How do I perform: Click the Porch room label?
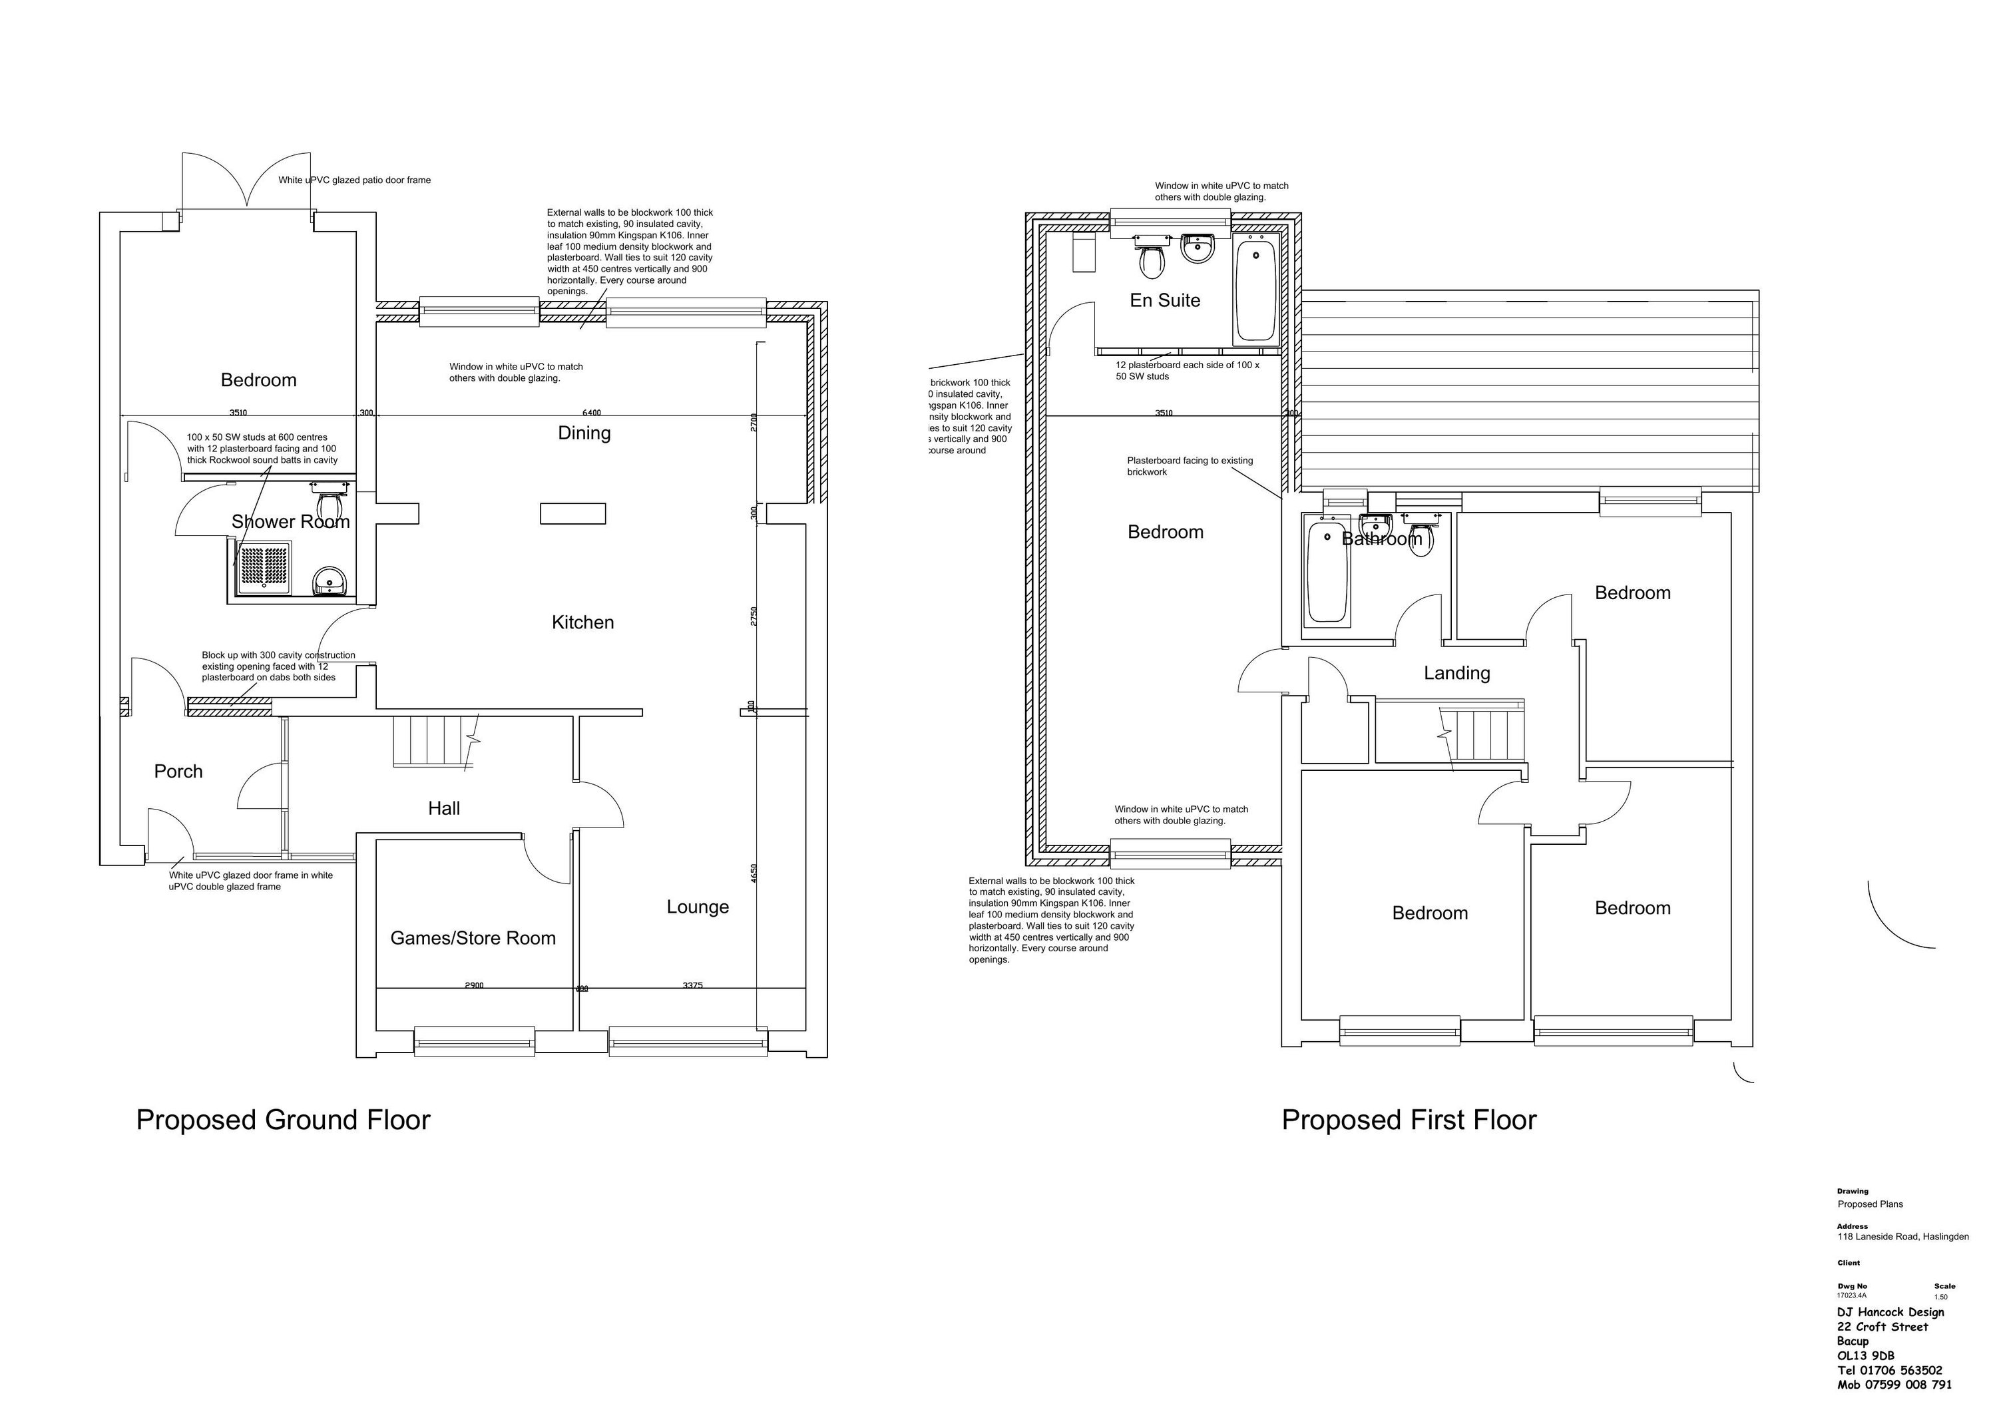click(178, 772)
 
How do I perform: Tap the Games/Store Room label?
click(472, 938)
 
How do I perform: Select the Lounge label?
click(698, 907)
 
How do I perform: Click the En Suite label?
click(1165, 300)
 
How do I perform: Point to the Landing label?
click(1457, 672)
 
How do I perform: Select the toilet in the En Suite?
click(1152, 258)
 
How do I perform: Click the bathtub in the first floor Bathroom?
click(1327, 572)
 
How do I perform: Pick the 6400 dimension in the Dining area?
click(592, 412)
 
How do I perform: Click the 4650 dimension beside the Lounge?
click(754, 873)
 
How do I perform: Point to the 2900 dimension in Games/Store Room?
click(474, 986)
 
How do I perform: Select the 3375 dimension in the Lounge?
click(692, 986)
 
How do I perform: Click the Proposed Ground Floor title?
click(283, 1120)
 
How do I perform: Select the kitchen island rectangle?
click(572, 513)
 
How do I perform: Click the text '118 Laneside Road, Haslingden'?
click(1902, 1236)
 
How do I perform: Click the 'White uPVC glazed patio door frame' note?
click(354, 180)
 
